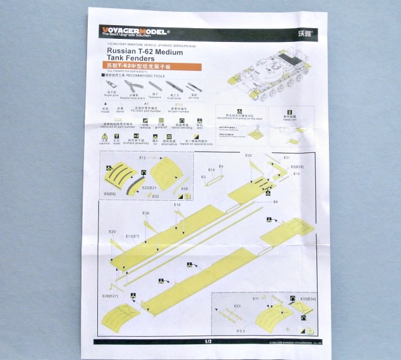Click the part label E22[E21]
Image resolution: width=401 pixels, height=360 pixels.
pos(148,188)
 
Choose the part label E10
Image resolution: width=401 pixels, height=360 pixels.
pos(211,170)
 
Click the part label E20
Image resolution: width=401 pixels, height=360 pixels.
pos(113,231)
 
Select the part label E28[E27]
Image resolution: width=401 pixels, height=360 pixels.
pos(110,295)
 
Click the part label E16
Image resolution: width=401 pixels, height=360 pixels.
pos(177,205)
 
